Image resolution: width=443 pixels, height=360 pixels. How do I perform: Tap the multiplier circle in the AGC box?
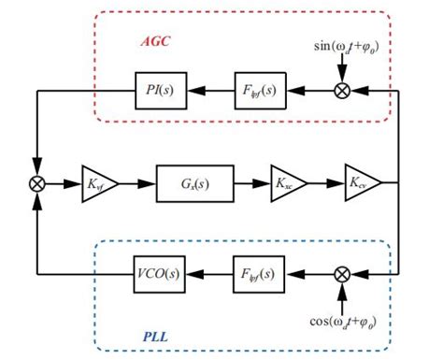pyautogui.click(x=343, y=91)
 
